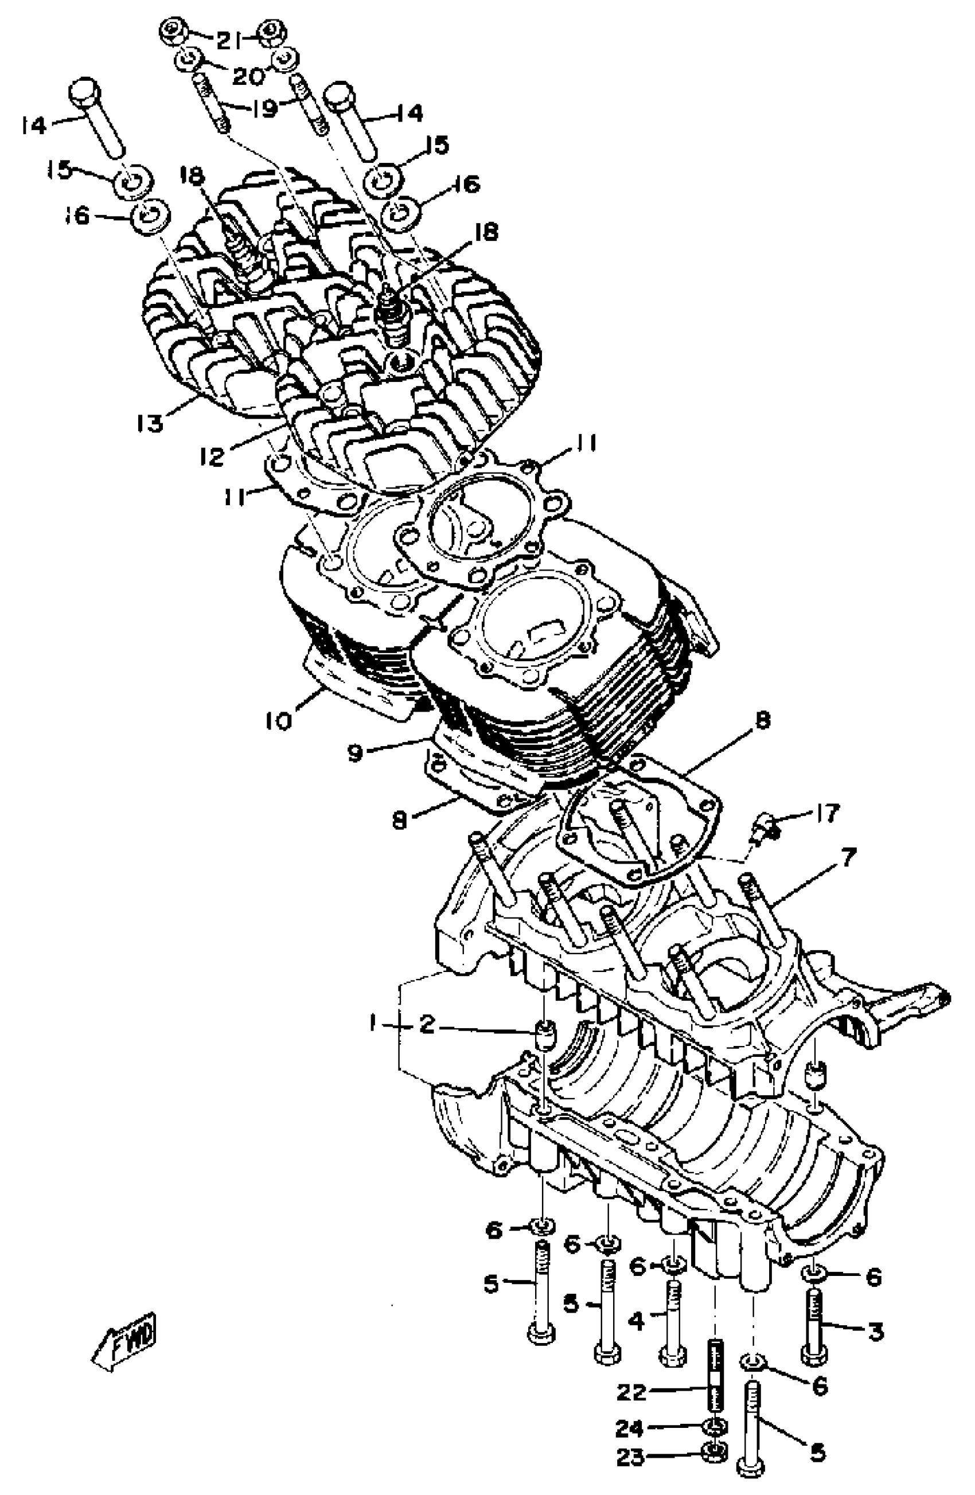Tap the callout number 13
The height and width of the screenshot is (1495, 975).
151,423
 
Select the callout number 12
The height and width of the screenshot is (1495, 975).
212,456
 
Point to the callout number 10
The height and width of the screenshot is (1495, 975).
278,720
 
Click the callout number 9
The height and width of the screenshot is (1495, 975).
356,751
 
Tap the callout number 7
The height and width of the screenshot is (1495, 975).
848,857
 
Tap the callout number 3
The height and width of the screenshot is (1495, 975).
875,1330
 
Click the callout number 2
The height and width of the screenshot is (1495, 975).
427,1025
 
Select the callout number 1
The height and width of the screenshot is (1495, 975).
373,1025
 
